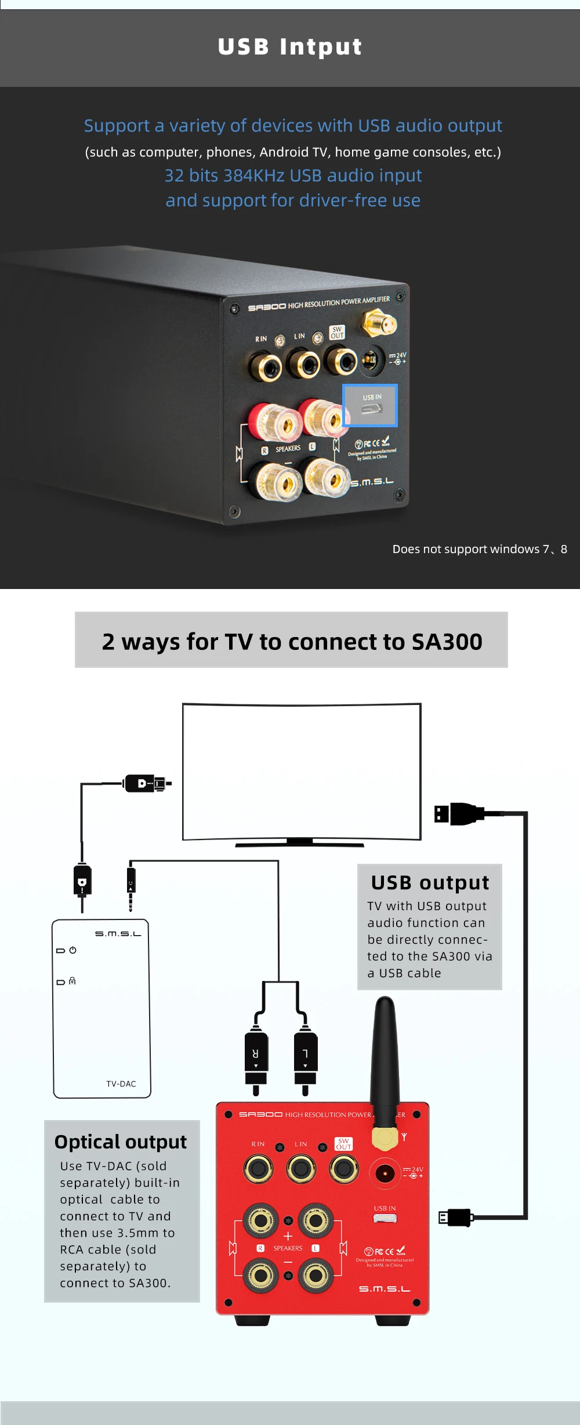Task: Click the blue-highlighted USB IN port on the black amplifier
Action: [370, 406]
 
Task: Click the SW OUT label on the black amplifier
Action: [337, 332]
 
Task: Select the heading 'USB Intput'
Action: [290, 47]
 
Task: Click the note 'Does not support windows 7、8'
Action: [480, 549]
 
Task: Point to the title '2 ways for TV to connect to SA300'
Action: [292, 641]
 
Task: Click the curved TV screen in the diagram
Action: [302, 771]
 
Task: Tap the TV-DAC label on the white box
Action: [121, 1084]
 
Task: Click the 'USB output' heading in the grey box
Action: [430, 882]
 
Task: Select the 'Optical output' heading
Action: [121, 1142]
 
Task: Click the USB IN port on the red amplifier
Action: [385, 1218]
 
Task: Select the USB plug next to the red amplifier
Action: [456, 1217]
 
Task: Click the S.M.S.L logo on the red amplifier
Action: [385, 1289]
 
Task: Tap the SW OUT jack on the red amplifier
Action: [344, 1169]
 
